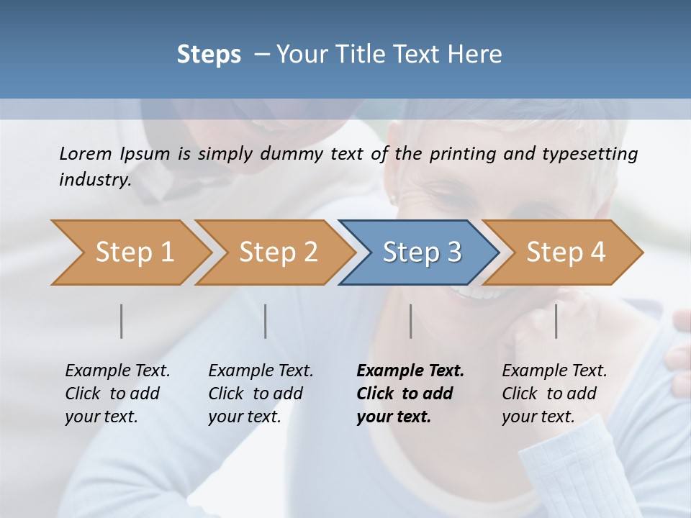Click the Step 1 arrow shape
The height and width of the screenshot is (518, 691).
tap(133, 252)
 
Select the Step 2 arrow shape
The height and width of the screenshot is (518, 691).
tap(277, 252)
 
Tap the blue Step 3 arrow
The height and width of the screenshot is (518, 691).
tap(421, 252)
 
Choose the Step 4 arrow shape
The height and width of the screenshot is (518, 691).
tap(565, 252)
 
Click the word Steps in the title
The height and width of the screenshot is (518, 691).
tap(209, 55)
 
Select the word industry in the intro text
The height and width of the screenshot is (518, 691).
tap(94, 179)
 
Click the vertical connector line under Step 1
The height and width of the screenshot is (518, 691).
tap(122, 321)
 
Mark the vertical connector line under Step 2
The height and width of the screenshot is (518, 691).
tap(266, 321)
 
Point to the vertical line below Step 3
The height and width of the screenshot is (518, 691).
tap(410, 321)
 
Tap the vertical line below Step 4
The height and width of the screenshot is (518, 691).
tap(556, 321)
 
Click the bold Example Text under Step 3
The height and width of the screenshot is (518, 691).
tap(410, 371)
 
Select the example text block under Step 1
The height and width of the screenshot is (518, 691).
tap(117, 394)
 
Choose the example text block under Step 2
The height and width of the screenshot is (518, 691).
tap(261, 394)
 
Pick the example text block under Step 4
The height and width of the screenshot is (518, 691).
tap(554, 394)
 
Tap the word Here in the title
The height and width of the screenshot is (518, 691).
tap(477, 55)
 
